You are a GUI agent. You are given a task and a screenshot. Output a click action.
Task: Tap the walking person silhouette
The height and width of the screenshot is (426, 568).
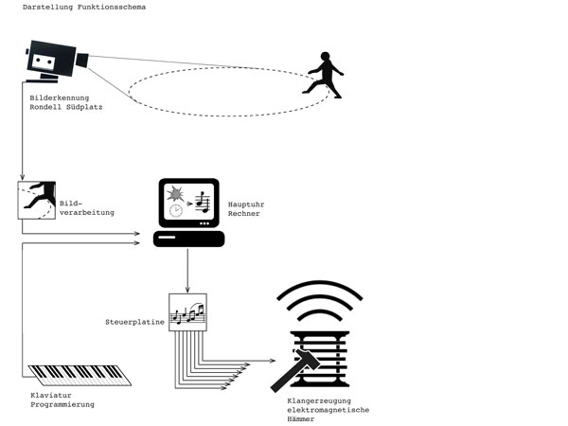pos(323,76)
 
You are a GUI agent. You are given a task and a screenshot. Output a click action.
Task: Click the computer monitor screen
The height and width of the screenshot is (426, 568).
pos(186,202)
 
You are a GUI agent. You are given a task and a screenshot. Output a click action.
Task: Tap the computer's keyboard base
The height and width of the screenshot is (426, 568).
pos(187,239)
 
